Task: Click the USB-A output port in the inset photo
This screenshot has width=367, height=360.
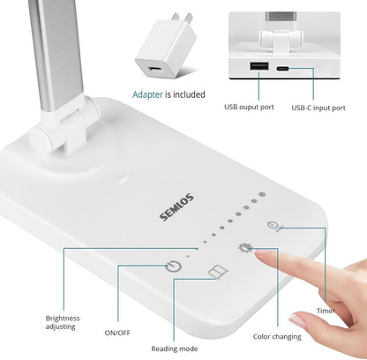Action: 259,68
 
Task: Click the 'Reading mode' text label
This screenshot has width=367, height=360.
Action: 173,349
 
